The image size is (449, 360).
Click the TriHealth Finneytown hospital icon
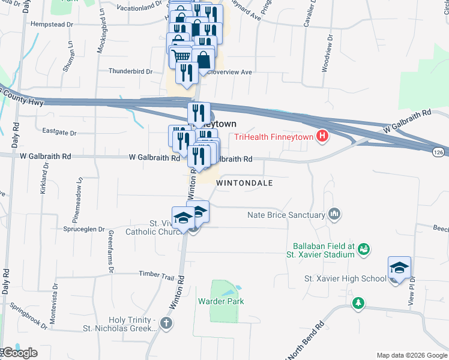(322, 136)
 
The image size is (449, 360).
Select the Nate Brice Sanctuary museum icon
(334, 214)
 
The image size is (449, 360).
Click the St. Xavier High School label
(345, 278)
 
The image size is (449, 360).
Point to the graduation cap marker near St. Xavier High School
(399, 268)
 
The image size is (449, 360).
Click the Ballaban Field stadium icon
(363, 249)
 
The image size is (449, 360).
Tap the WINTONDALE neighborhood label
(244, 182)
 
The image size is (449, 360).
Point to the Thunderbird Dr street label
(130, 71)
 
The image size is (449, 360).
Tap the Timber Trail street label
(156, 274)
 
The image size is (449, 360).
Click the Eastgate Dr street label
(61, 131)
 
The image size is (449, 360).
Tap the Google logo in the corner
(19, 353)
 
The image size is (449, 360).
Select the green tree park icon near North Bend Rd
(358, 303)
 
